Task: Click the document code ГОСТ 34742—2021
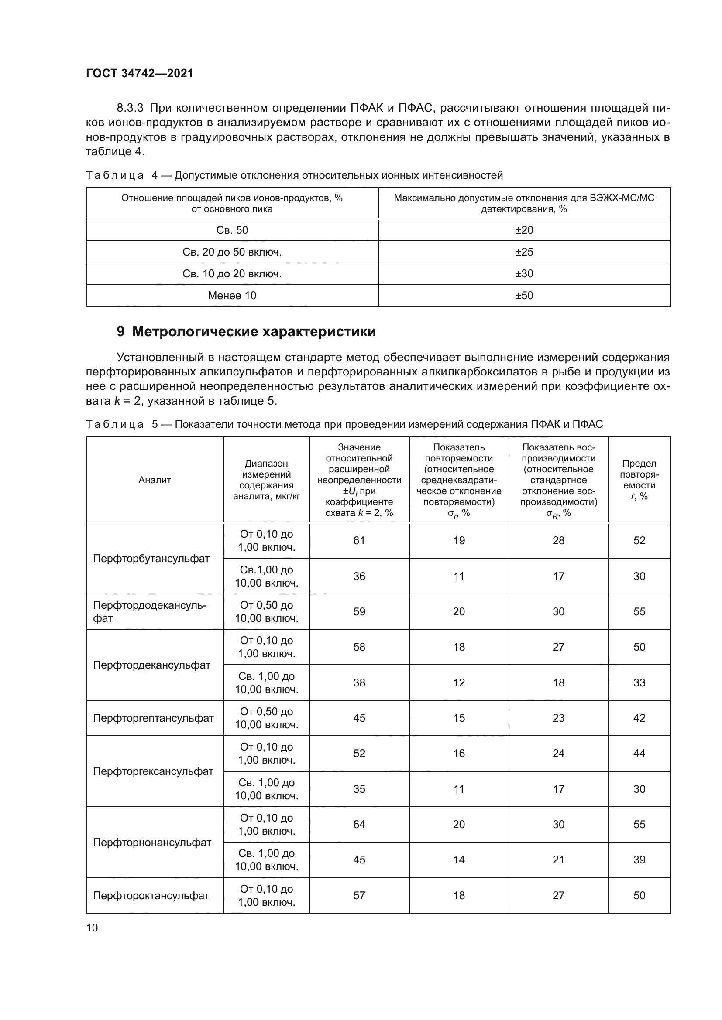click(140, 73)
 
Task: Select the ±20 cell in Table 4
click(524, 230)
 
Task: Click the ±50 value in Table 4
click(524, 295)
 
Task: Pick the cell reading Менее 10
click(232, 295)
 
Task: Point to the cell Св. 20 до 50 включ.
click(232, 252)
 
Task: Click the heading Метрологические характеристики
click(254, 331)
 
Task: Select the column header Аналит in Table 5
click(155, 480)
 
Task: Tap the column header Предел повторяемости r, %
click(639, 480)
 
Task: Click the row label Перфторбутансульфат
click(151, 559)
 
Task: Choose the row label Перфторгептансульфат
click(153, 718)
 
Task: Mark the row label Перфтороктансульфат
click(151, 895)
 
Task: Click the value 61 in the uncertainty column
click(359, 541)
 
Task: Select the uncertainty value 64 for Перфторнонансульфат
click(359, 825)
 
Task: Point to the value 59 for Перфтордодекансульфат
click(359, 612)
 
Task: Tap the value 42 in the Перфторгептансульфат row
click(639, 718)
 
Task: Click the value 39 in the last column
click(639, 860)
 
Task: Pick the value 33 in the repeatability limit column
click(639, 682)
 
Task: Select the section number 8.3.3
click(130, 108)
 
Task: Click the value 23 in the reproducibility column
click(558, 718)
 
